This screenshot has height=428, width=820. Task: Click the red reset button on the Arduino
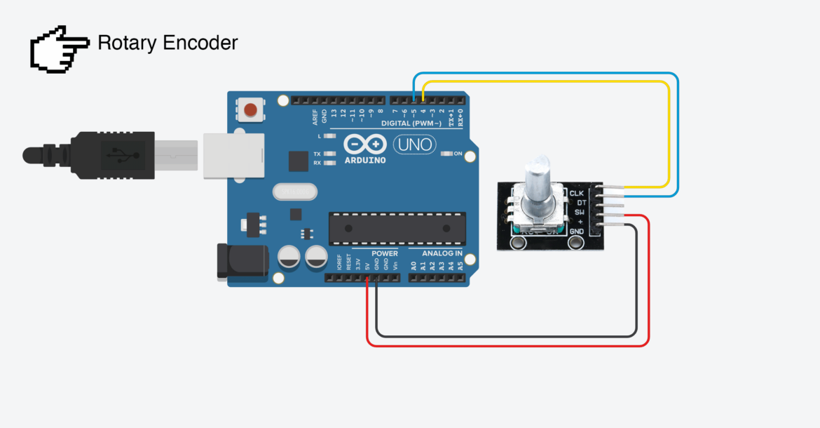(251, 109)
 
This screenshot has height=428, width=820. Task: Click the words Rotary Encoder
(168, 43)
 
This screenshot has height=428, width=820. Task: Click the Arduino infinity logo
(364, 145)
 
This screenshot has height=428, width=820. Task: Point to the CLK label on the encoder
(577, 193)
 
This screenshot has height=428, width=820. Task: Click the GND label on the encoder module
(577, 232)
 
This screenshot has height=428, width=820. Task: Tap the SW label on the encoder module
(579, 212)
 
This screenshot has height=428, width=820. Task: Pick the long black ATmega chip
(397, 229)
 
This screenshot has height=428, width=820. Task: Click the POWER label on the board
(384, 253)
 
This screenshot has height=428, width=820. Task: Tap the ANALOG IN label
(442, 253)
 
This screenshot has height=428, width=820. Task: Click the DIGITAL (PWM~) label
(411, 123)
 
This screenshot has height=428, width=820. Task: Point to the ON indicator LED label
(458, 154)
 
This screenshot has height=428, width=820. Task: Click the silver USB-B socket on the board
(233, 156)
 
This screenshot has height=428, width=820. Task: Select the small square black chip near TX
(299, 161)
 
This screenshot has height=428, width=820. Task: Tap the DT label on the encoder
(579, 202)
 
